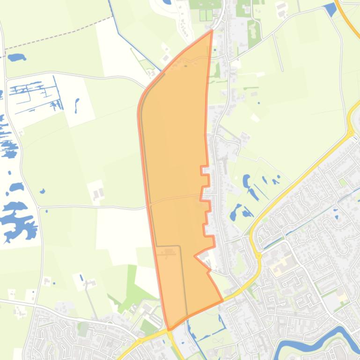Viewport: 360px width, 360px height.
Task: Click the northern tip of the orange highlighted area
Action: tap(212, 31)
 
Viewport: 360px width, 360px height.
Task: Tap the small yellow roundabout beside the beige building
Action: tap(258, 255)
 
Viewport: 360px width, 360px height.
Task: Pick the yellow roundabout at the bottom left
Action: tap(140, 341)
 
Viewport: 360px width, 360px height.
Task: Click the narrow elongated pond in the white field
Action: tap(77, 105)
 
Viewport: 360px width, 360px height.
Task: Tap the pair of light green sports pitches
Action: tap(206, 15)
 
